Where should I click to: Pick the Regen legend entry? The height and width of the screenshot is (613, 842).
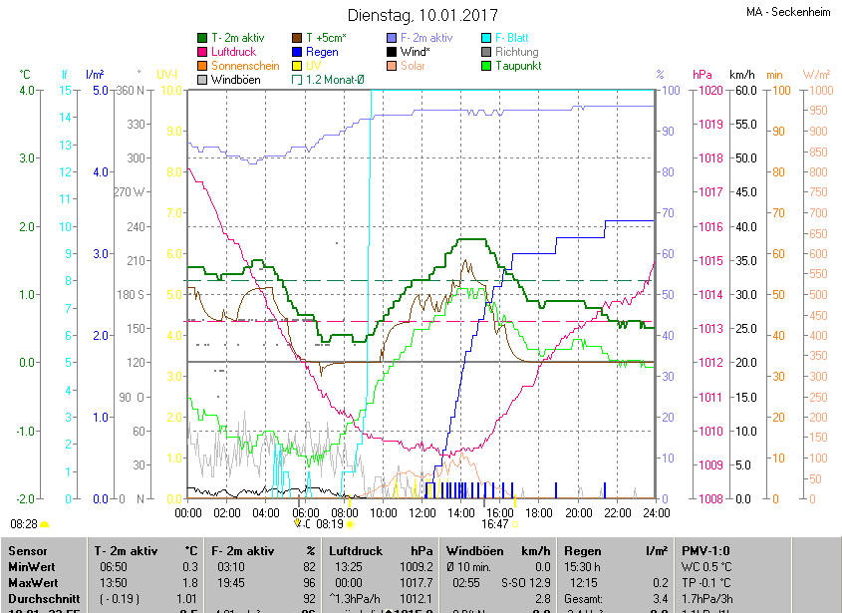tap(321, 52)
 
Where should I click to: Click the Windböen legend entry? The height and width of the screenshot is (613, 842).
tap(236, 79)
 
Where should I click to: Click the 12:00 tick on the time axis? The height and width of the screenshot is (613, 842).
tap(422, 512)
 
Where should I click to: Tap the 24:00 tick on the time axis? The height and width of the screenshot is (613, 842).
tap(656, 512)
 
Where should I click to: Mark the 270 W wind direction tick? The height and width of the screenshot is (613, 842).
tap(131, 192)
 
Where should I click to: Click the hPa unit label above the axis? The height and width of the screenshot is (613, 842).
tap(702, 75)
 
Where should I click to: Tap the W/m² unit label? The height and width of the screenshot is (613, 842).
tap(816, 75)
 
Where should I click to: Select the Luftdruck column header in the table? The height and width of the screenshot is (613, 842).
tap(354, 550)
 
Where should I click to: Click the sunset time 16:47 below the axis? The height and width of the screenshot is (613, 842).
tap(494, 522)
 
